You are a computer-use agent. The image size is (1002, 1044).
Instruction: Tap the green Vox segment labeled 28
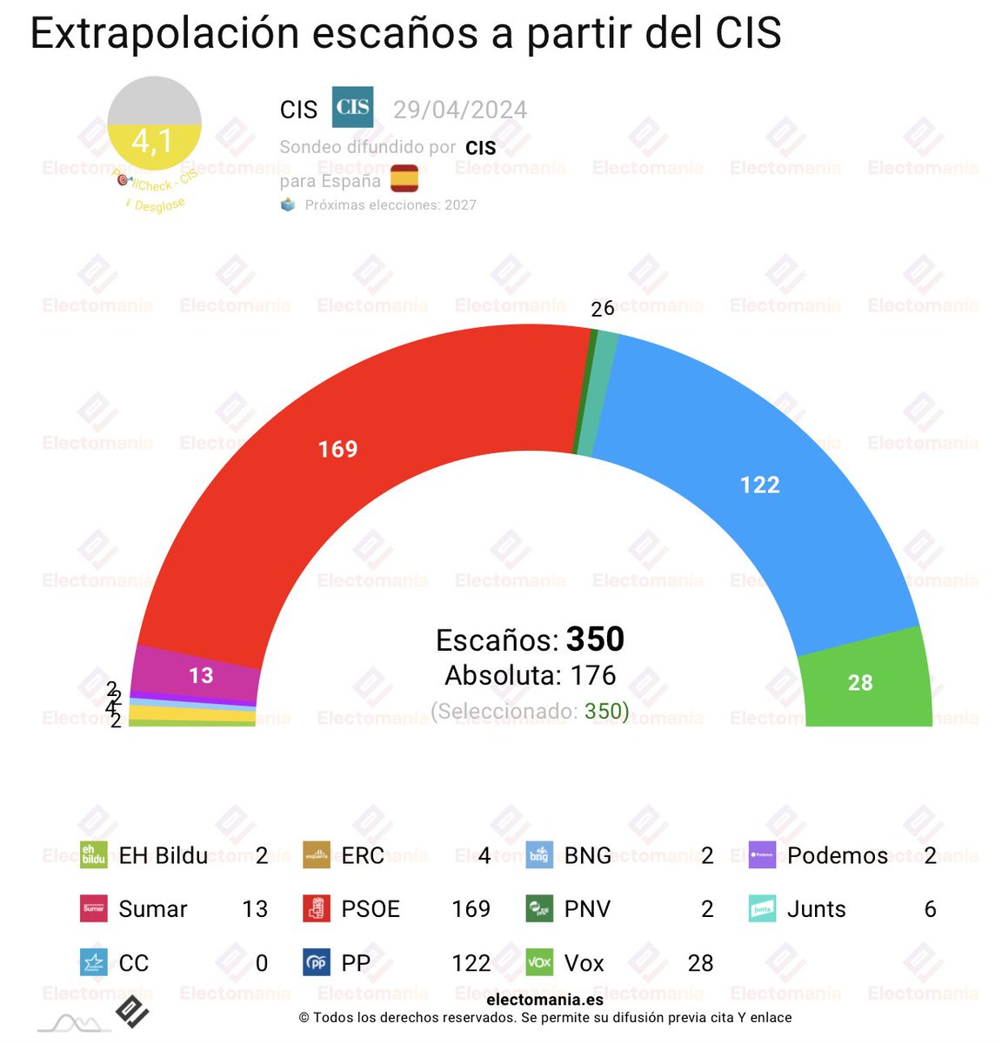(860, 683)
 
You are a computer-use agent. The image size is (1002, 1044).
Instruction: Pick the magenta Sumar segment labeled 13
(201, 675)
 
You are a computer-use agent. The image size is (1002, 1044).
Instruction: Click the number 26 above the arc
(602, 309)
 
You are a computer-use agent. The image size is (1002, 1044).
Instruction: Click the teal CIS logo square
(352, 107)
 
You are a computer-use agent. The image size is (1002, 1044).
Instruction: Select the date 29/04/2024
(459, 110)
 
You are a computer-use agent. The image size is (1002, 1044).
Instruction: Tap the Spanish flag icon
(404, 178)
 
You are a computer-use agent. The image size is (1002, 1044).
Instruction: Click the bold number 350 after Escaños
(595, 639)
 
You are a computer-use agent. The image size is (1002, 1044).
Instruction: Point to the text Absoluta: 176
(531, 675)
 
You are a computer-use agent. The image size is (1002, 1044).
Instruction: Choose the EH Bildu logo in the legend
(93, 855)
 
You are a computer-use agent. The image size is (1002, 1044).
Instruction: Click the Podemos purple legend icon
(762, 855)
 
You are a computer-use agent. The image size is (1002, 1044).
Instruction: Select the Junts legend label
(816, 909)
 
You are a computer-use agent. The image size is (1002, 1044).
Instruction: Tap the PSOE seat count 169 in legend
(471, 909)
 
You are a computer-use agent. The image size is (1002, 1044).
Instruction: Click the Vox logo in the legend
(539, 963)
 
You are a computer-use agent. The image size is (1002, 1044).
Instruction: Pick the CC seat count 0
(261, 963)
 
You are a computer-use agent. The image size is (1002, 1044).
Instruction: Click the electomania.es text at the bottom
(544, 1000)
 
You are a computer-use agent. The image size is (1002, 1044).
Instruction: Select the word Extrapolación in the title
(164, 33)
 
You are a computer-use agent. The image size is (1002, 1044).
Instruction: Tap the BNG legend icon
(539, 855)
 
